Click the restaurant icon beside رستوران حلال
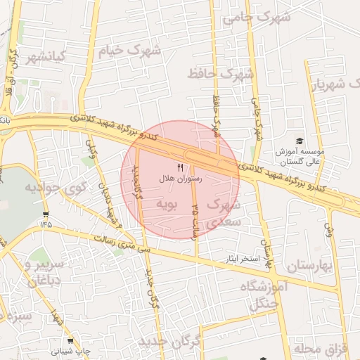[180, 167]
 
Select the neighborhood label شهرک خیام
[129, 51]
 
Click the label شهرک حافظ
[220, 72]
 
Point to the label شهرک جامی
[256, 17]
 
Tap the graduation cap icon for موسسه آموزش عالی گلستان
[300, 141]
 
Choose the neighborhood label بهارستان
[309, 265]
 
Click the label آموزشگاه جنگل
[264, 295]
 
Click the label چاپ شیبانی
[75, 349]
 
